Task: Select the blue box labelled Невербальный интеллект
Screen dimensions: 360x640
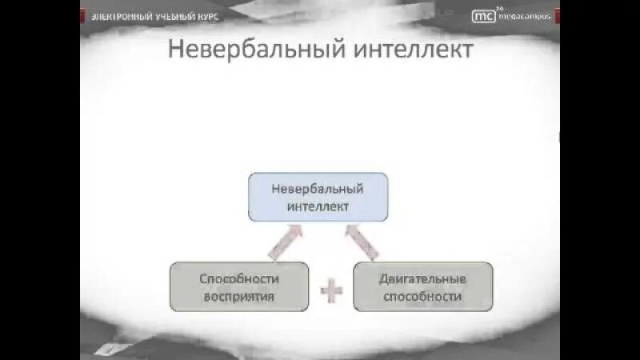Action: coord(318,197)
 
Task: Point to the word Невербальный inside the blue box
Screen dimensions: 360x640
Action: coord(318,189)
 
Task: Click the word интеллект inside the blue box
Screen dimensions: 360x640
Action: coord(318,206)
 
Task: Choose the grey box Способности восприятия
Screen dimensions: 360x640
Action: coord(238,286)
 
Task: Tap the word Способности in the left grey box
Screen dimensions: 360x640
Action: coord(238,278)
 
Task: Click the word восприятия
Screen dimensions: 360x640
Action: coord(238,295)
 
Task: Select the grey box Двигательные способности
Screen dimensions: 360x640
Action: coord(422,286)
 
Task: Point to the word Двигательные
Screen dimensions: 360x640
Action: coord(422,278)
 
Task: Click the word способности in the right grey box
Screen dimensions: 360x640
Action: coord(422,295)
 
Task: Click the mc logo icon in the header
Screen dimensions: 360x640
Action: coord(483,14)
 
